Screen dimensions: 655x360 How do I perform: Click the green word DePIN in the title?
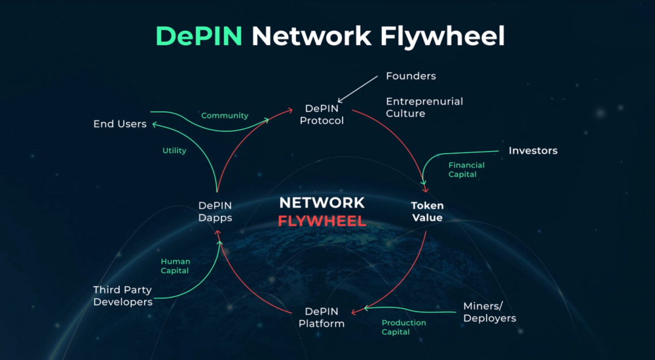click(199, 36)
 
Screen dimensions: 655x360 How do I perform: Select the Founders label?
click(411, 76)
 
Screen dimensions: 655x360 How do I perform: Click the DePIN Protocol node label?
click(322, 115)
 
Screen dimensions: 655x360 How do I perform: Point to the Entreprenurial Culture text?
click(424, 107)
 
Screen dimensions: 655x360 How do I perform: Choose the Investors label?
click(533, 151)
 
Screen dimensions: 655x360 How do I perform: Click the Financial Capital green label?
click(466, 170)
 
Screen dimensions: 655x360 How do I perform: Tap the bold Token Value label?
click(427, 211)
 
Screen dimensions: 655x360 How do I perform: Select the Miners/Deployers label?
click(489, 312)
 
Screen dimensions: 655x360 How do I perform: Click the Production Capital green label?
click(403, 327)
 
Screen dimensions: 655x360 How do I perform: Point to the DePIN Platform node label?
click(322, 317)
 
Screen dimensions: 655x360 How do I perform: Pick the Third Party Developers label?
click(123, 296)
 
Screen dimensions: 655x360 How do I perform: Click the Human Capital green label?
click(175, 266)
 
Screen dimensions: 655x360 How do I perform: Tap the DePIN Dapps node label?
click(215, 211)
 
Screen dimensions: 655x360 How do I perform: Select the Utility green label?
click(174, 151)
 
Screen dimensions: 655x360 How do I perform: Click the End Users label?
click(120, 124)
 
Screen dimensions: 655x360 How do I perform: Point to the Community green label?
click(225, 116)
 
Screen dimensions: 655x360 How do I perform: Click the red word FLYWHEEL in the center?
click(322, 221)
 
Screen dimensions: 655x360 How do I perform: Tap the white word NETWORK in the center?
click(322, 203)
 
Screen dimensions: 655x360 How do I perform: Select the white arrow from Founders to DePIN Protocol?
click(358, 89)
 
